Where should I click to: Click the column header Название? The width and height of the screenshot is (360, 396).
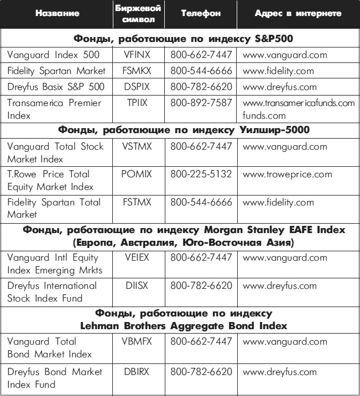[56, 14]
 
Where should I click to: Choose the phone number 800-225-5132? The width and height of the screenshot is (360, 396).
[201, 174]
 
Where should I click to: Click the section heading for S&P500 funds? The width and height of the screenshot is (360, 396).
[180, 39]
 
